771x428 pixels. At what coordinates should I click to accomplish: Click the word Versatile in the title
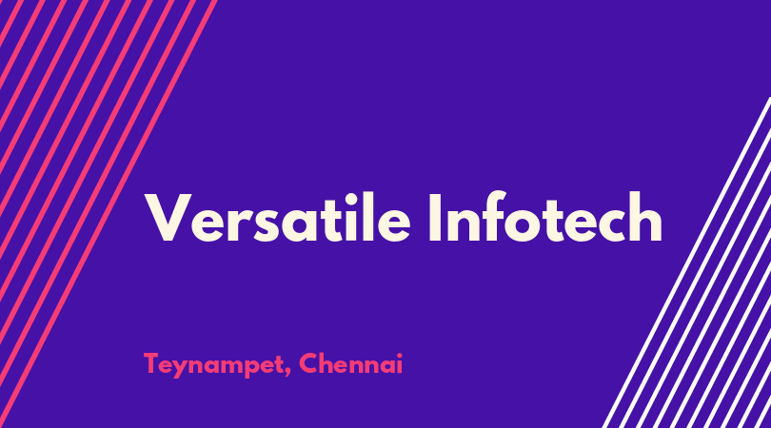point(277,217)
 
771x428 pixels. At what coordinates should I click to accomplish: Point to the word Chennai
point(350,363)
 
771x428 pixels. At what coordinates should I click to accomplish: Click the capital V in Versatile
point(168,217)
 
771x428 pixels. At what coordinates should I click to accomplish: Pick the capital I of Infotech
point(435,217)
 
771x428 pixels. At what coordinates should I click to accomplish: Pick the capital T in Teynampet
point(151,363)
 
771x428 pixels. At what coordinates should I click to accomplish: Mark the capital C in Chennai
point(308,363)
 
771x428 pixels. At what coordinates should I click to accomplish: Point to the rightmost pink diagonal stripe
point(109,214)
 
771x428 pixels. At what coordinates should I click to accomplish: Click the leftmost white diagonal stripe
point(686,263)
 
